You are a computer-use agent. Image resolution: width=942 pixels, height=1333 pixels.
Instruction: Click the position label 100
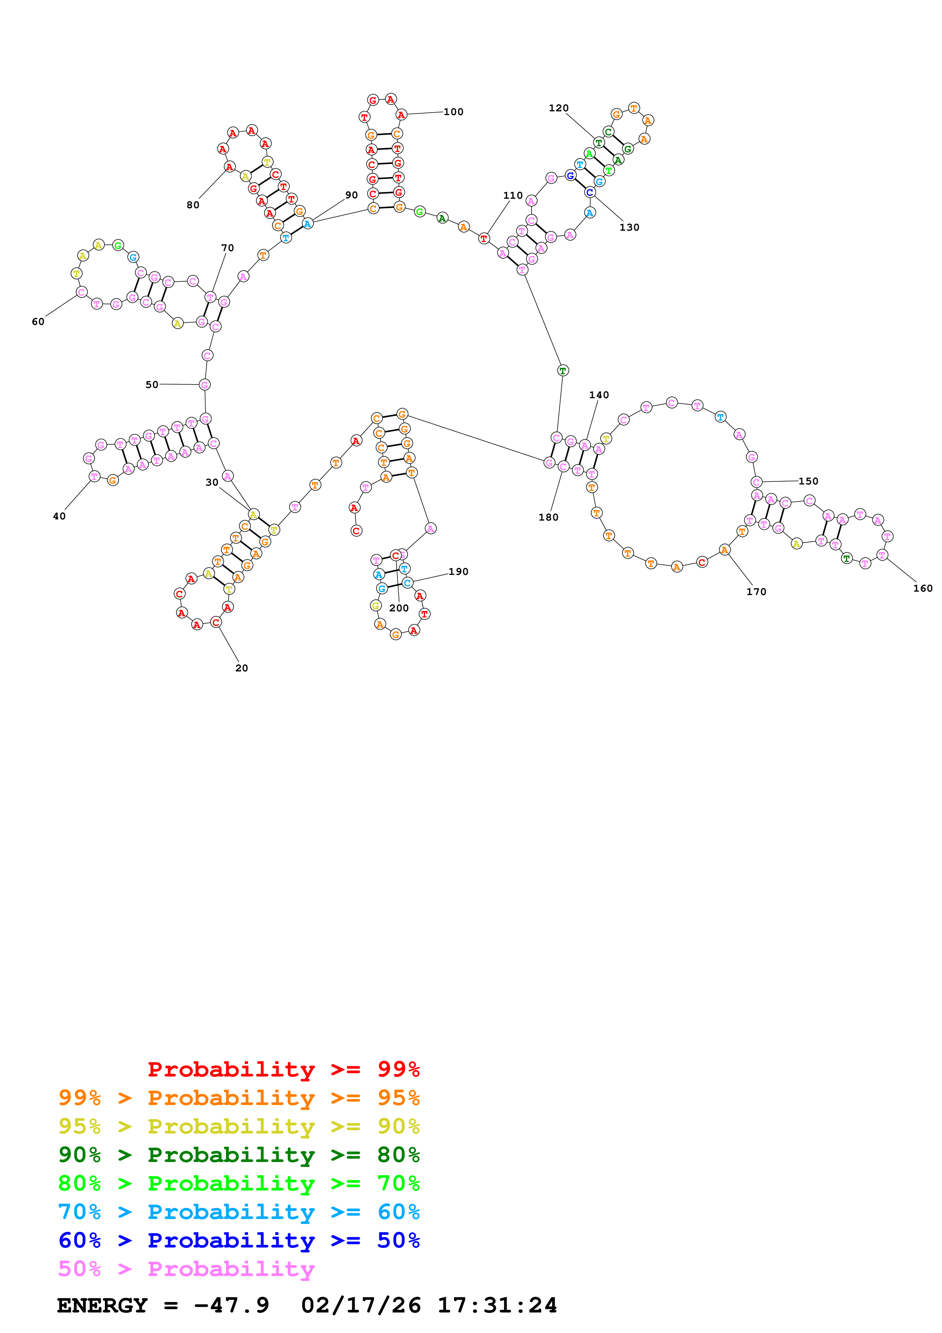point(453,112)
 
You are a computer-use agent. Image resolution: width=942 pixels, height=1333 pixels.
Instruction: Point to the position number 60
point(38,321)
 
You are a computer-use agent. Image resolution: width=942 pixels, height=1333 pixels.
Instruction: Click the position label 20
point(241,668)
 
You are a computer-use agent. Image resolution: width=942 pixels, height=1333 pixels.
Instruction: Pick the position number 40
point(59,516)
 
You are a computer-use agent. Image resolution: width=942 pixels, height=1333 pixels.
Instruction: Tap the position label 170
point(756,592)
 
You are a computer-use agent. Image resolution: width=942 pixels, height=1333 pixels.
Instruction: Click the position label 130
point(629,228)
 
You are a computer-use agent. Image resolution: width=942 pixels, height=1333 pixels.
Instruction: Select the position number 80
point(193,205)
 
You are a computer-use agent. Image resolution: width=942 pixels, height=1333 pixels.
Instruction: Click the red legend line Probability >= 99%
point(283,1069)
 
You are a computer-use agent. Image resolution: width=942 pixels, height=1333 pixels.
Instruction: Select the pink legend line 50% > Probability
point(186,1268)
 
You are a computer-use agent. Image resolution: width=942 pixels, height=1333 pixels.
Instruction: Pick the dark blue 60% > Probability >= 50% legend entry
point(239,1240)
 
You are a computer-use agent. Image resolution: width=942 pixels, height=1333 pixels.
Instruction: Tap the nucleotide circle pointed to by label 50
point(204,385)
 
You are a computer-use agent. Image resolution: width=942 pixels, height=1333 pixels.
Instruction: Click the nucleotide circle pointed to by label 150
point(756,482)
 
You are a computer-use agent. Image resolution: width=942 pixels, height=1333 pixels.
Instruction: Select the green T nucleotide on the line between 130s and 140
point(562,370)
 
